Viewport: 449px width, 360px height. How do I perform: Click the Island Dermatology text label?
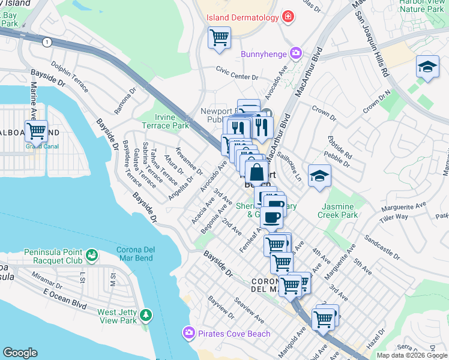pos(243,17)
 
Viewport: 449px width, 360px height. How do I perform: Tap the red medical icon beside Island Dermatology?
pos(289,17)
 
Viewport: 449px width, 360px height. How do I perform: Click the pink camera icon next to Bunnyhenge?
pos(295,54)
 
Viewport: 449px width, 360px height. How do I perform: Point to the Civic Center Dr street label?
pos(237,77)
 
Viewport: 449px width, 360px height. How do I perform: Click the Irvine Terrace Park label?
pos(165,121)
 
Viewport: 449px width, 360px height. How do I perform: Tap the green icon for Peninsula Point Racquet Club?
pos(91,256)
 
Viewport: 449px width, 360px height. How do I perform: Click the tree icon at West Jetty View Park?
pos(145,315)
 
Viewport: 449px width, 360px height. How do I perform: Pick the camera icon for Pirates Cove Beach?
pos(188,332)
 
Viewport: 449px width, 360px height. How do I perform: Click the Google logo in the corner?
pos(20,353)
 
